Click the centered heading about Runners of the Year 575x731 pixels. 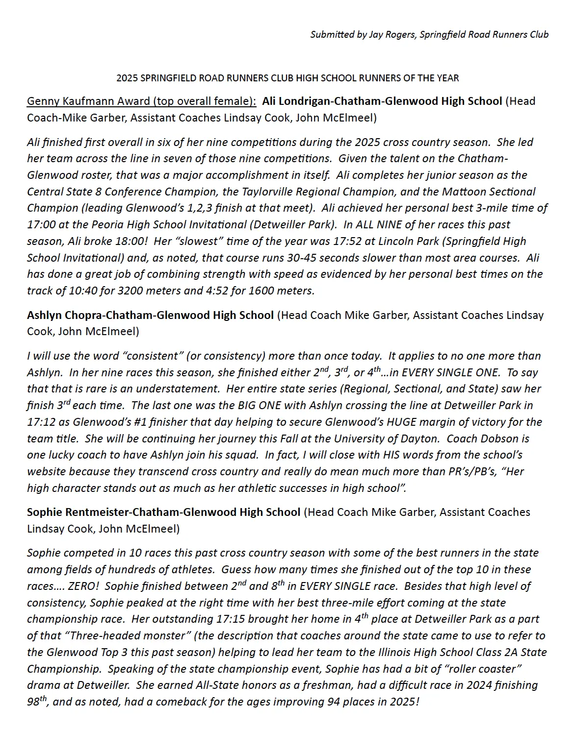287,78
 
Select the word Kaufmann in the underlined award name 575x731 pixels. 83,101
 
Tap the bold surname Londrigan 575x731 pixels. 306,101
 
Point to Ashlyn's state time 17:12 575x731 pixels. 40,422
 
